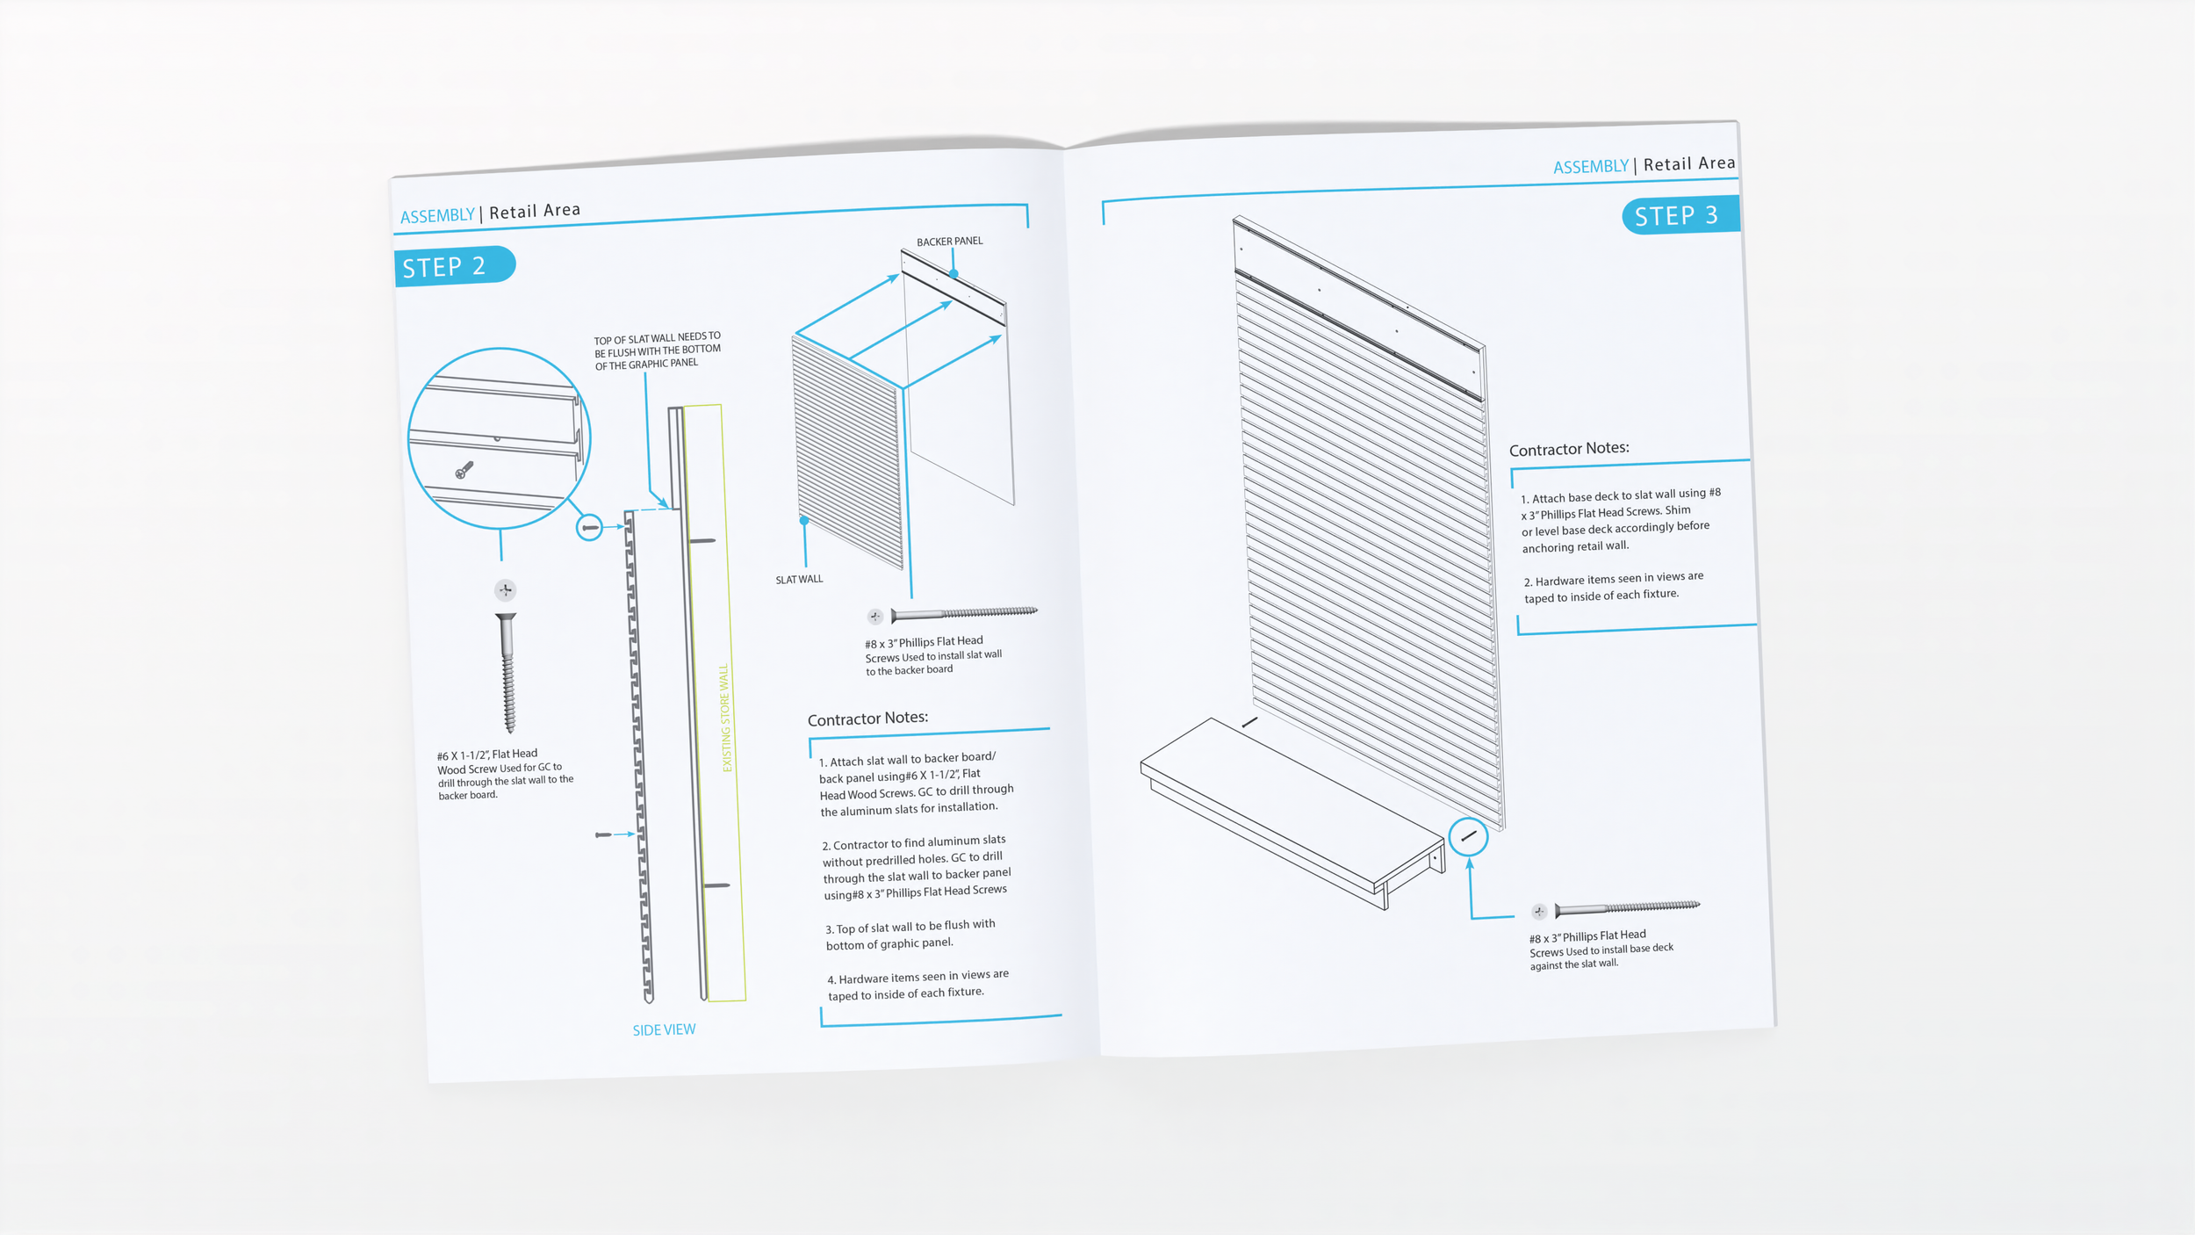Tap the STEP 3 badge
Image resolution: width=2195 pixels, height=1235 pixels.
1677,216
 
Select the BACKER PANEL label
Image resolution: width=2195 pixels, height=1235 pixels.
949,242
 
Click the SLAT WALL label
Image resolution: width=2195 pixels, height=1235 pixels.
799,580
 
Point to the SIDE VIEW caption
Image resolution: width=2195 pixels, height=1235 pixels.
664,1029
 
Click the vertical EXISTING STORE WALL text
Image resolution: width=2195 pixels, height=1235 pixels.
725,718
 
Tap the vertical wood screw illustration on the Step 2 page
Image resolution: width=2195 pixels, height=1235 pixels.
507,673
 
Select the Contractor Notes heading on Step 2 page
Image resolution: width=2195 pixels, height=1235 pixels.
867,719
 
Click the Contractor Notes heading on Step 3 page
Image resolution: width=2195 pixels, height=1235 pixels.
1569,449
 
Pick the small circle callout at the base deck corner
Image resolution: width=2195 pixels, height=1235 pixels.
1468,836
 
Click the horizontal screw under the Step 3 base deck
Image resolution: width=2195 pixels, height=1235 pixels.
1627,907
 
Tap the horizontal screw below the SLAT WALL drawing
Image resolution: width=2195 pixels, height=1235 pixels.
963,613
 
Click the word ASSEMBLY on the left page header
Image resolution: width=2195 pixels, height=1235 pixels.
437,216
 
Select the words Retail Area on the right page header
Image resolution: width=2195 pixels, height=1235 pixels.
1689,164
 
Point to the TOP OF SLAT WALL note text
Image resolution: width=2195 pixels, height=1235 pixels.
657,350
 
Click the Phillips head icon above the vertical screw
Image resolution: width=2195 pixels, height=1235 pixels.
505,590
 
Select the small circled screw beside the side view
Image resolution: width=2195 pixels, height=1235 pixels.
589,528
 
